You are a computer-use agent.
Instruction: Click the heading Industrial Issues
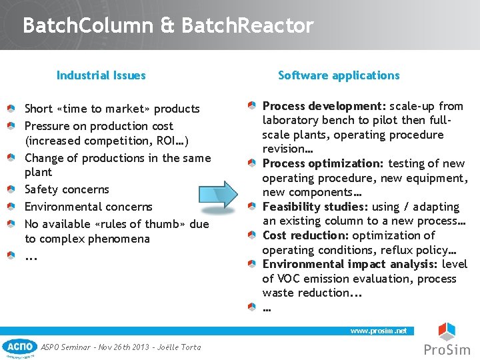(101, 75)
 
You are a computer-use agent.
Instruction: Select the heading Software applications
(339, 75)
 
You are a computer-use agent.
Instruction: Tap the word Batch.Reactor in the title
(247, 26)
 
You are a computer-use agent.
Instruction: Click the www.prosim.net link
(379, 331)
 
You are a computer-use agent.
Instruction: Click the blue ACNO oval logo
(20, 347)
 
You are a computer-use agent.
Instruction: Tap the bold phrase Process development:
(323, 106)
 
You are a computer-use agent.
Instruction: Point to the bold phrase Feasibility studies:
(315, 207)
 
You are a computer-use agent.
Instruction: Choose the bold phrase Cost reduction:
(305, 235)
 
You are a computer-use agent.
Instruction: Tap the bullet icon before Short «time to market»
(11, 109)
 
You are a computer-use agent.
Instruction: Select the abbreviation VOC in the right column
(287, 279)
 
